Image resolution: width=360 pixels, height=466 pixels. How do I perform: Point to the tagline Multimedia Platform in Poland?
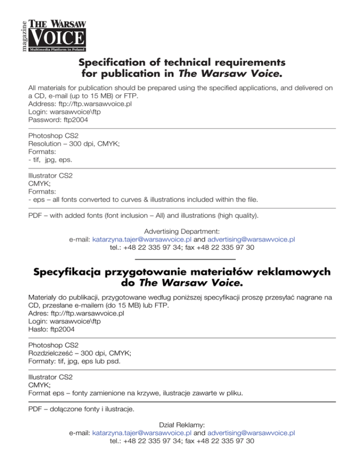tap(58, 48)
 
